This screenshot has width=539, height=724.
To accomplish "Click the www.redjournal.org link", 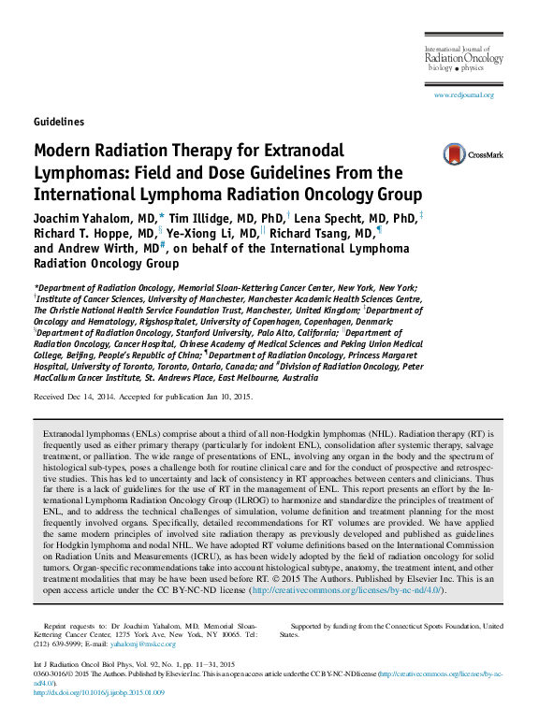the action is [x=463, y=95].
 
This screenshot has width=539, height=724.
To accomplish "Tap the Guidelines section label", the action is [x=59, y=122].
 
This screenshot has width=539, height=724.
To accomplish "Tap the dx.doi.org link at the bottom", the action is [x=99, y=693].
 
